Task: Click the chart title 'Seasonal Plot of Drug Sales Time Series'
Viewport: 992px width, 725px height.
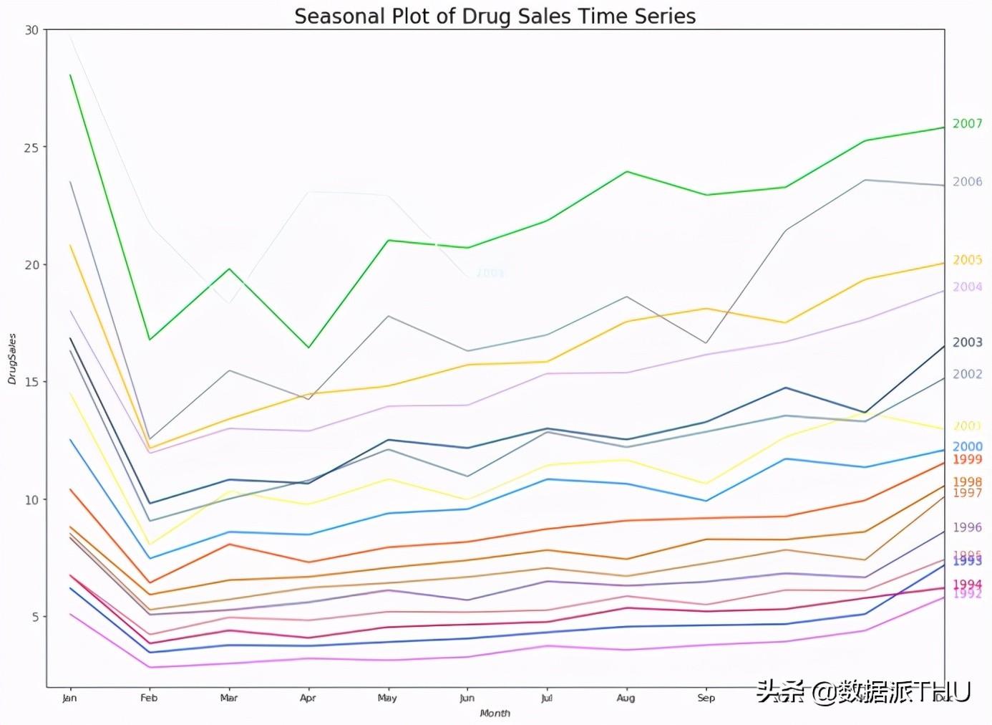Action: pyautogui.click(x=495, y=16)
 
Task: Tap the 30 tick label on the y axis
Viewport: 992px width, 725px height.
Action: pyautogui.click(x=31, y=30)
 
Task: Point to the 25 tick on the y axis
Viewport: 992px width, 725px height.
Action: pyautogui.click(x=31, y=148)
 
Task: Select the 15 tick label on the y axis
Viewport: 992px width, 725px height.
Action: pyautogui.click(x=31, y=382)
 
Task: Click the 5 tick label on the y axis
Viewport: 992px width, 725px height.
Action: pyautogui.click(x=35, y=617)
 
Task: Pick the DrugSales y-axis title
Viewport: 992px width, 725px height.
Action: pyautogui.click(x=12, y=359)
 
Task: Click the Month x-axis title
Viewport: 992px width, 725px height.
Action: pyautogui.click(x=495, y=713)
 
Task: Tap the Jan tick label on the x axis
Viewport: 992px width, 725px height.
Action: pyautogui.click(x=69, y=698)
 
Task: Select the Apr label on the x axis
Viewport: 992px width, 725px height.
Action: pyautogui.click(x=308, y=698)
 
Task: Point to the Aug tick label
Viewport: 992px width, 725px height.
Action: pyautogui.click(x=626, y=698)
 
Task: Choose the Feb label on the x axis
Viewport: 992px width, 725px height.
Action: pyautogui.click(x=149, y=698)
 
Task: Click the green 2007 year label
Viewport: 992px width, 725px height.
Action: pyautogui.click(x=967, y=124)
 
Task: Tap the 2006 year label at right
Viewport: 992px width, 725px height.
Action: pyautogui.click(x=967, y=182)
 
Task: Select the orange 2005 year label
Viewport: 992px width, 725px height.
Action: pyautogui.click(x=967, y=260)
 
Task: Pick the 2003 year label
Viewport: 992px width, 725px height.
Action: pyautogui.click(x=967, y=342)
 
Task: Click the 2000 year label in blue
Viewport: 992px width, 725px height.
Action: pyautogui.click(x=967, y=446)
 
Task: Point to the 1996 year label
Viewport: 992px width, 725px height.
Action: pyautogui.click(x=967, y=527)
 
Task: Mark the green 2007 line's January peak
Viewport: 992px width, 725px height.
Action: pyautogui.click(x=70, y=75)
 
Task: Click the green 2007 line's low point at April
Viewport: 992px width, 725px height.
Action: pyautogui.click(x=308, y=347)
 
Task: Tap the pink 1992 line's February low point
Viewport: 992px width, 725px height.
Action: pyautogui.click(x=150, y=667)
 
